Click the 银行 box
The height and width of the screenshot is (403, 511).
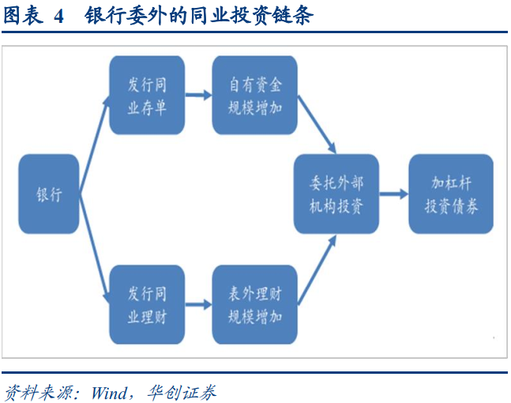tap(48, 194)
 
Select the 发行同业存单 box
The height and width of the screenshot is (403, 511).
tap(147, 95)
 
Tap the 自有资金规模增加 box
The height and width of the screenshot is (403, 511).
tap(254, 95)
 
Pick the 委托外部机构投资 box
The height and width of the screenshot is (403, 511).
tap(336, 194)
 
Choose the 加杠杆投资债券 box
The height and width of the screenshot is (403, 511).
tap(451, 194)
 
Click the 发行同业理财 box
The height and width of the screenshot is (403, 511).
tap(147, 304)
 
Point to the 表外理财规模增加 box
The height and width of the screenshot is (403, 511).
tap(254, 304)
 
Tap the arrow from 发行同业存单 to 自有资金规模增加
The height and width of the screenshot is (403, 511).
tap(198, 95)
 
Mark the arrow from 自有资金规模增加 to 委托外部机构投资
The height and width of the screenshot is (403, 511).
tap(317, 125)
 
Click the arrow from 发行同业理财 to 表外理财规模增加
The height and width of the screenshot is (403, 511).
tap(198, 304)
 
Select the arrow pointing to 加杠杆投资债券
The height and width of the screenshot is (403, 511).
tap(393, 194)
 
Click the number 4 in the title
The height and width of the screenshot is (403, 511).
tap(58, 17)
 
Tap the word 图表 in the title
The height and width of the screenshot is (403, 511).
tap(23, 15)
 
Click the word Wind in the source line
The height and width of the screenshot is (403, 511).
tap(110, 393)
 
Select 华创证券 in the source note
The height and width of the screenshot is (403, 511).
tap(182, 392)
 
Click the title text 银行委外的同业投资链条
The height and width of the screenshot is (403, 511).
tap(199, 15)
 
